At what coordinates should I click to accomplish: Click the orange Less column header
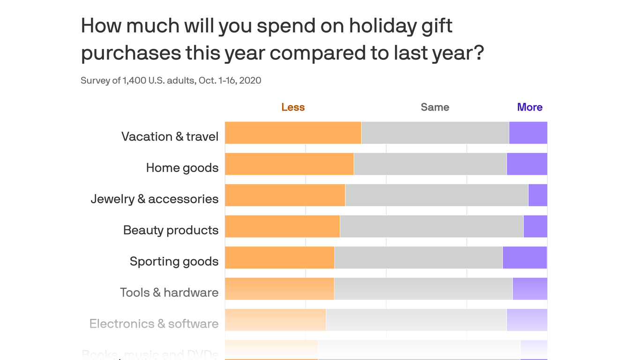293,107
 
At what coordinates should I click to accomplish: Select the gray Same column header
435,107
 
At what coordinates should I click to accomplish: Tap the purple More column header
529,107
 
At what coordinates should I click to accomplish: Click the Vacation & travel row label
170,136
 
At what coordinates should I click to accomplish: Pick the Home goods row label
182,168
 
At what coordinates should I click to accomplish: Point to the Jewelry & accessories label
155,199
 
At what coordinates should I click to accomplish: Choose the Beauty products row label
171,230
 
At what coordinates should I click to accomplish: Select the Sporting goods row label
174,261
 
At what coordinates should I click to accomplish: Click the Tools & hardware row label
169,292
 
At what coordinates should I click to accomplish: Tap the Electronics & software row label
154,323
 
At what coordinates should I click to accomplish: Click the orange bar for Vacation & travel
293,133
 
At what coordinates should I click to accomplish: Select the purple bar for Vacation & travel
528,133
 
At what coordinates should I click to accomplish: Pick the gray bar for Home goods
430,164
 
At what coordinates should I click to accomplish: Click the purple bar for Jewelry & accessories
537,195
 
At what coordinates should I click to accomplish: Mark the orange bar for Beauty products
282,226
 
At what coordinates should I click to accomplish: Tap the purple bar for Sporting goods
524,257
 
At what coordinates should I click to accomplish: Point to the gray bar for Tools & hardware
423,289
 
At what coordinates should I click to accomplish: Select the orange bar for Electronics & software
275,320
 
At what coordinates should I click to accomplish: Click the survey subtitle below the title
171,80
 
